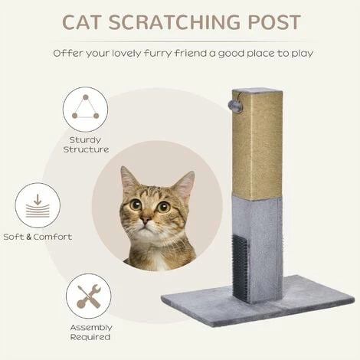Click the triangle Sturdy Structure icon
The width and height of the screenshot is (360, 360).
(85, 108)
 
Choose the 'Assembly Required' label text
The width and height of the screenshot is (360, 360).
(90, 331)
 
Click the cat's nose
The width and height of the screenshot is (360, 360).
(146, 220)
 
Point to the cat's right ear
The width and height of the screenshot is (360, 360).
(184, 185)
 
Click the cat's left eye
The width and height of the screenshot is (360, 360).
(134, 205)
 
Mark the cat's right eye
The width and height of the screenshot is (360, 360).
(163, 206)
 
